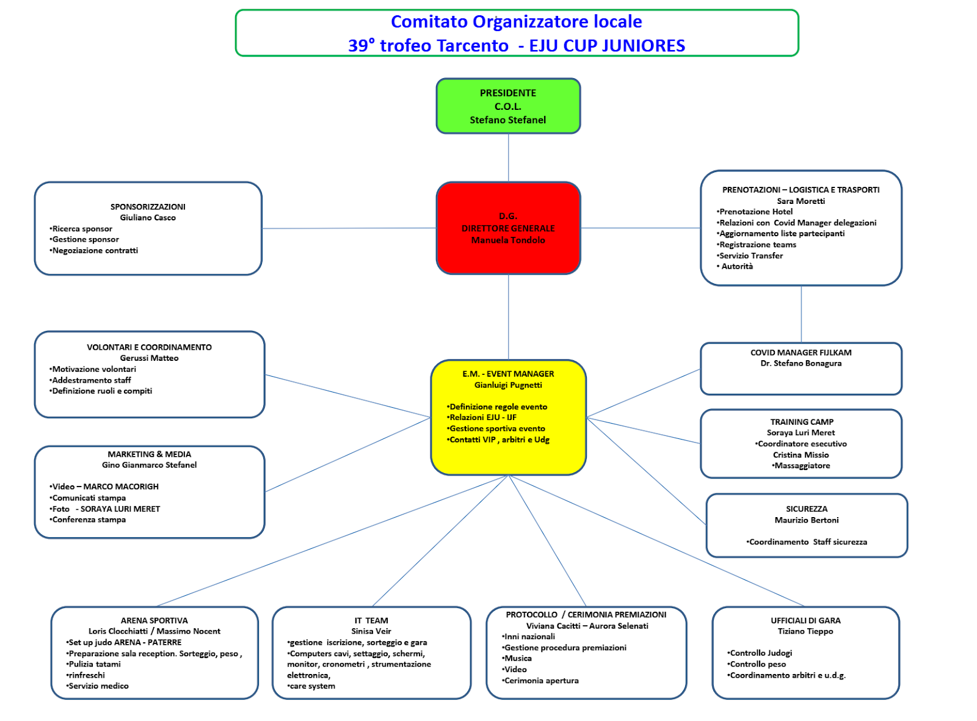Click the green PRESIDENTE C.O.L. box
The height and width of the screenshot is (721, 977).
pyautogui.click(x=508, y=106)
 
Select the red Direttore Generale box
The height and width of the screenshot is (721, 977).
pyautogui.click(x=508, y=228)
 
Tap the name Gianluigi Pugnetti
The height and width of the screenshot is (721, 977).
pyautogui.click(x=508, y=385)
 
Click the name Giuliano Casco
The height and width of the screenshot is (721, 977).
pyautogui.click(x=148, y=217)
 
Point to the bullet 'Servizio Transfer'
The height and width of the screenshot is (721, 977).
pyautogui.click(x=750, y=255)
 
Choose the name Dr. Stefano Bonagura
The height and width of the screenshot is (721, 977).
pyautogui.click(x=801, y=363)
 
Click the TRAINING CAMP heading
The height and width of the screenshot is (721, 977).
pyautogui.click(x=802, y=422)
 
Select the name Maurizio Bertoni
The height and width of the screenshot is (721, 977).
pyautogui.click(x=807, y=520)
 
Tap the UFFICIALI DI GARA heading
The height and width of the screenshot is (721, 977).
pyautogui.click(x=805, y=621)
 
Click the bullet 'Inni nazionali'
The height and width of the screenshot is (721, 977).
pyautogui.click(x=528, y=636)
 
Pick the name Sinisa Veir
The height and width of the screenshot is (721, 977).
pyautogui.click(x=371, y=631)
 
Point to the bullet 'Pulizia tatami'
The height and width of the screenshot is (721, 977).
pyautogui.click(x=93, y=664)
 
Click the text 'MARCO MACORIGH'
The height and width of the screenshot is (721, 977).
pyautogui.click(x=121, y=487)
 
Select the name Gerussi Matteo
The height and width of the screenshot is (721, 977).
pyautogui.click(x=150, y=358)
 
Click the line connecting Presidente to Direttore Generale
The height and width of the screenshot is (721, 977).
pyautogui.click(x=508, y=158)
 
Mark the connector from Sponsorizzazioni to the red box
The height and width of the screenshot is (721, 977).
pyautogui.click(x=349, y=228)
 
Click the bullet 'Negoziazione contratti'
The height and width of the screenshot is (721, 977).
pyautogui.click(x=94, y=251)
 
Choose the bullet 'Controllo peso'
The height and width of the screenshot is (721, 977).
pyautogui.click(x=757, y=664)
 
